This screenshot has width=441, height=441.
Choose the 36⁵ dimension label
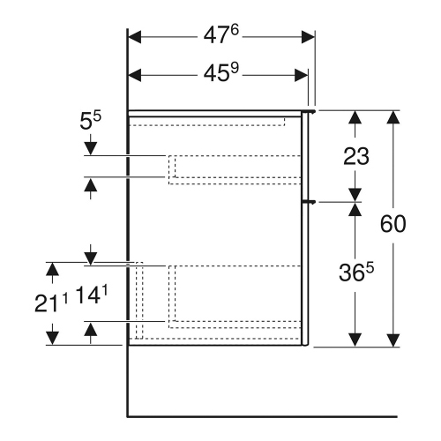[357, 273]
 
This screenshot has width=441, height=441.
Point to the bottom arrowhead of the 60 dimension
[392, 340]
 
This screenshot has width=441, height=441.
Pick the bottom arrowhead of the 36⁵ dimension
[355, 340]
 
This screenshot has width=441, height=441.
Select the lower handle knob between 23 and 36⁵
[309, 202]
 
